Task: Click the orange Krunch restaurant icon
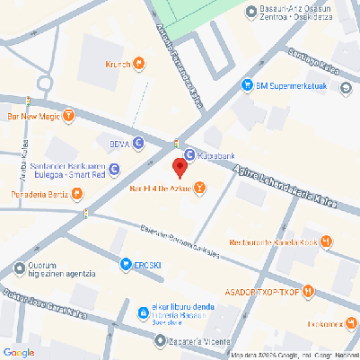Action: [139, 63]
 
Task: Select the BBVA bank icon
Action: [138, 143]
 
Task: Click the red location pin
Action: [180, 166]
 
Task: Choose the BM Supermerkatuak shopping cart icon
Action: [247, 85]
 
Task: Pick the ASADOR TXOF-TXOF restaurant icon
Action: [309, 290]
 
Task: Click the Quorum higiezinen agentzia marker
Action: [20, 268]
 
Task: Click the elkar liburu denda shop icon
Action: [143, 312]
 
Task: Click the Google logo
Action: [18, 351]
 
